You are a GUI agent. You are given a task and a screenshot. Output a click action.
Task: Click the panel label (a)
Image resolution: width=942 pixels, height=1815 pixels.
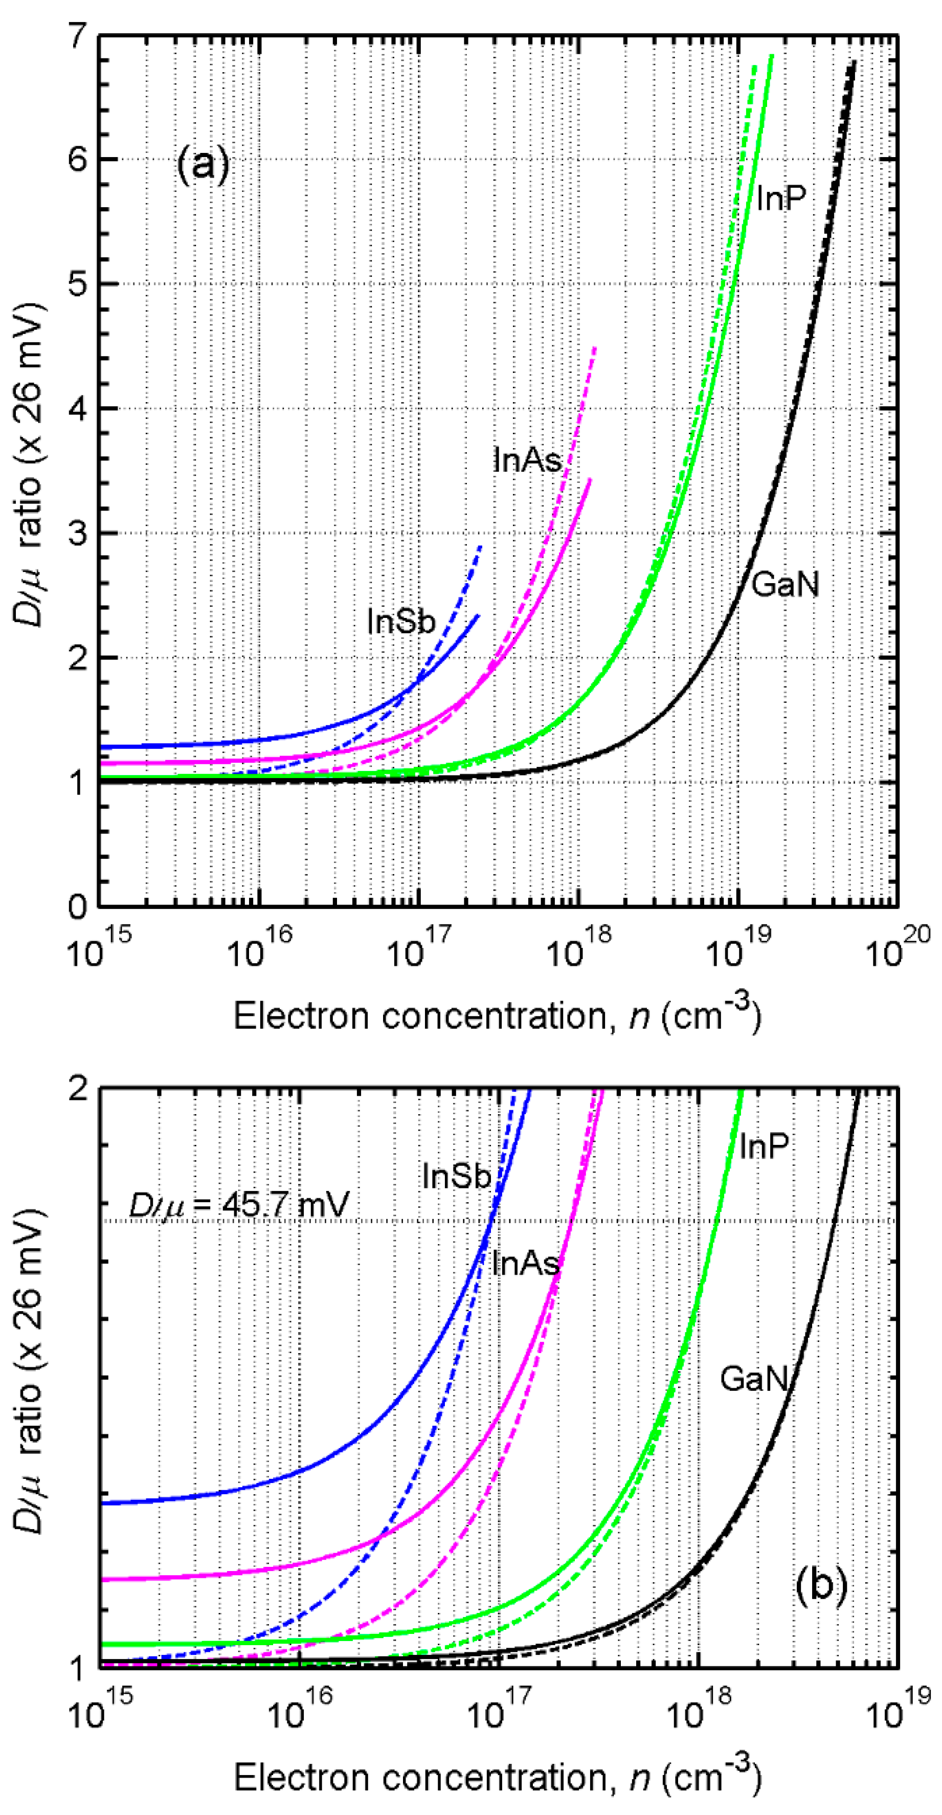(203, 166)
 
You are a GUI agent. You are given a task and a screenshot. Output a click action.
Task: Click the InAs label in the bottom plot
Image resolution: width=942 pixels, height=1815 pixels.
(525, 1264)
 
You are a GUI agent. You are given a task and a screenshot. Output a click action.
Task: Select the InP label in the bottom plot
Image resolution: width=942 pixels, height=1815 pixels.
(763, 1146)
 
